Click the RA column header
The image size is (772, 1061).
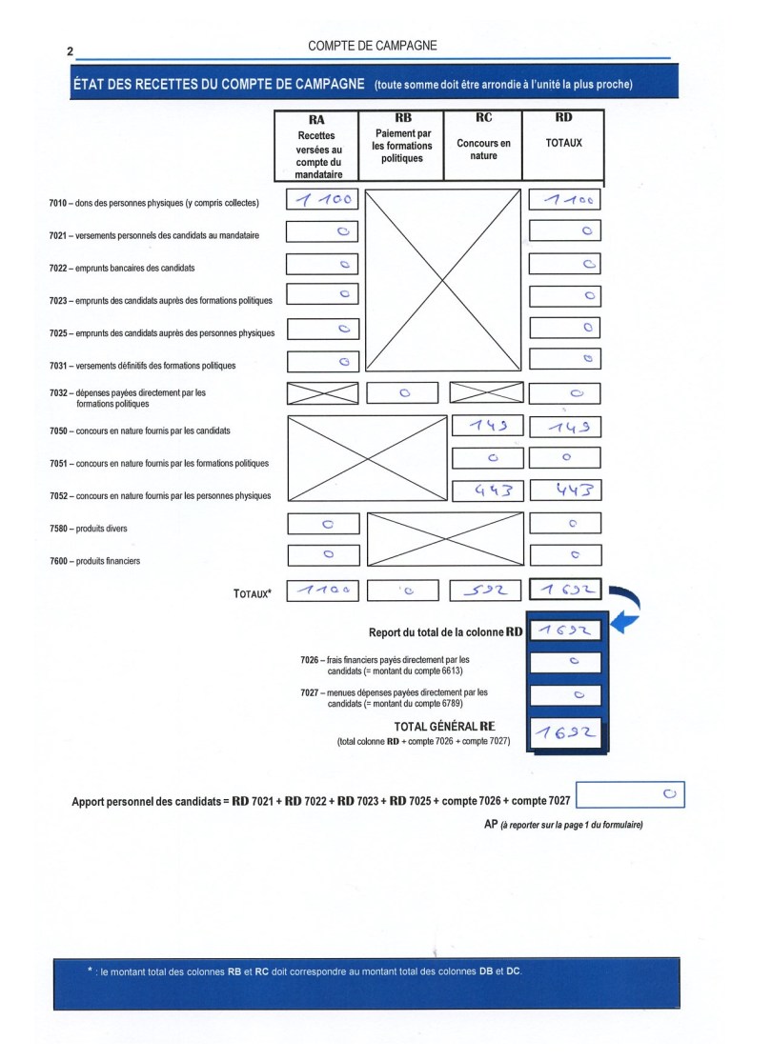pos(316,146)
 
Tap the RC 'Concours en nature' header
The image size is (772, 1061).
pos(483,143)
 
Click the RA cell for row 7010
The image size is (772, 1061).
pos(322,201)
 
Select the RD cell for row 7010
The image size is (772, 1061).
pos(564,201)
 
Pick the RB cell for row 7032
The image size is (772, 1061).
pos(403,392)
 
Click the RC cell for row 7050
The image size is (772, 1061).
pos(487,426)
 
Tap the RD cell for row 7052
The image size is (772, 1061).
pos(564,490)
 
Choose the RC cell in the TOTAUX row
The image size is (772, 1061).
pos(486,591)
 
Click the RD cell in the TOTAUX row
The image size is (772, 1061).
pos(565,591)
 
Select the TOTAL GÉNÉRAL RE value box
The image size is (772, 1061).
pos(565,731)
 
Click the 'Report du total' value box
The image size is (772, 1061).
pos(565,631)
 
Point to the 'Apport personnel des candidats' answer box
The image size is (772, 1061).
pos(630,794)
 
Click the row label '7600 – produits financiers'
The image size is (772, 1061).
pos(94,561)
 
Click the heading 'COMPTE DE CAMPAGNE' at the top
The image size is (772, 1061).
pos(373,45)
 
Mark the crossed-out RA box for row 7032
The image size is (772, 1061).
pos(322,392)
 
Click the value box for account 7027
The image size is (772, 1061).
pos(565,695)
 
